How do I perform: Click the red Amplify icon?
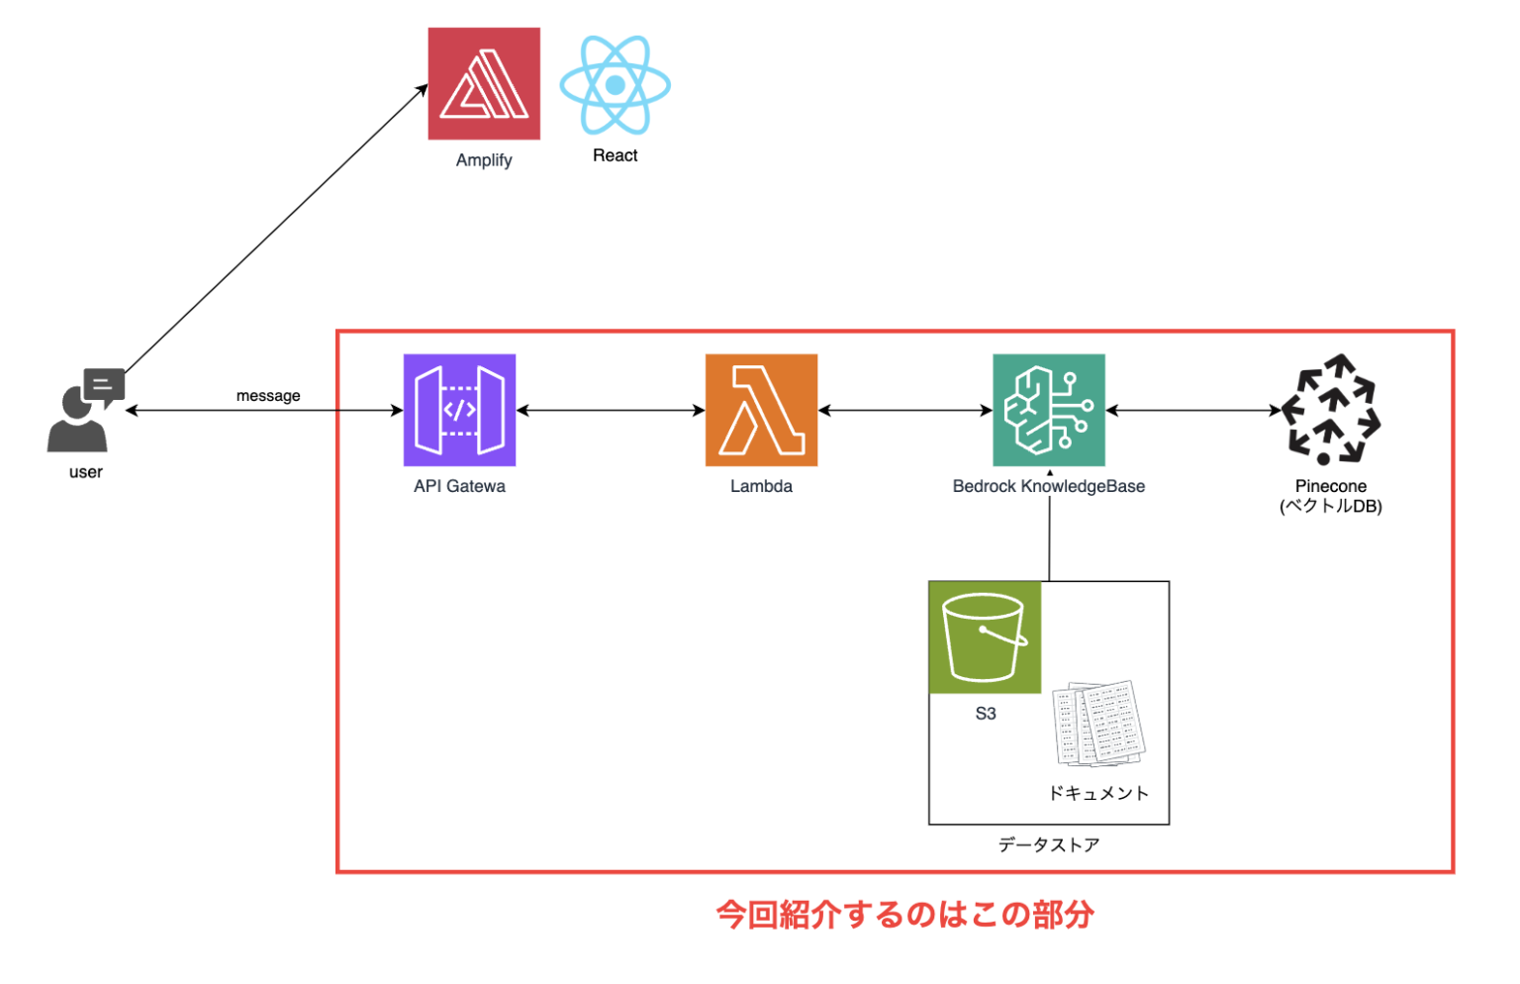click(484, 83)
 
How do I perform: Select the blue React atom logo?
click(615, 85)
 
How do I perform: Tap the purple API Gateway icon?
click(459, 410)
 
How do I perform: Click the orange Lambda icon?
click(761, 410)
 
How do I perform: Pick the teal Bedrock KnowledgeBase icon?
click(1048, 410)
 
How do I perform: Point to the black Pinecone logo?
click(1330, 410)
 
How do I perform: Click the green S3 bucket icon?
click(985, 638)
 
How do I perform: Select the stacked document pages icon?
click(1099, 724)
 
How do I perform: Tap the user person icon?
click(84, 411)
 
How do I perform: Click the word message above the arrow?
click(268, 396)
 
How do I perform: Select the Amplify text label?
click(484, 160)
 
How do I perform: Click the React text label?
click(615, 155)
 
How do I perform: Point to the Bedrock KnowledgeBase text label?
click(1048, 486)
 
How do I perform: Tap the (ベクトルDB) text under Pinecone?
click(1330, 507)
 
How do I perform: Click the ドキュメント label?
click(1098, 793)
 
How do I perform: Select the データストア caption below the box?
click(1048, 844)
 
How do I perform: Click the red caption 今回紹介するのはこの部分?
click(904, 914)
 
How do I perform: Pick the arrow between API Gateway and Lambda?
click(610, 410)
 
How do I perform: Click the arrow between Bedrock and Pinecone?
click(1192, 410)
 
